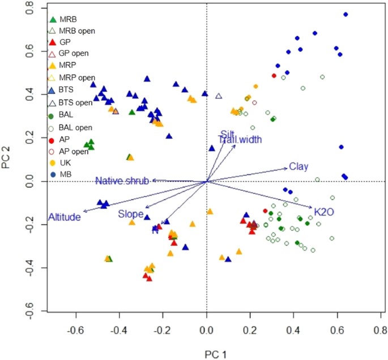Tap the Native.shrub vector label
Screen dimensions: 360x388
tap(122, 181)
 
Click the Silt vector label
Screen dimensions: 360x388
tap(228, 134)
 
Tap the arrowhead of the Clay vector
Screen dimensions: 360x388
tap(287, 168)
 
